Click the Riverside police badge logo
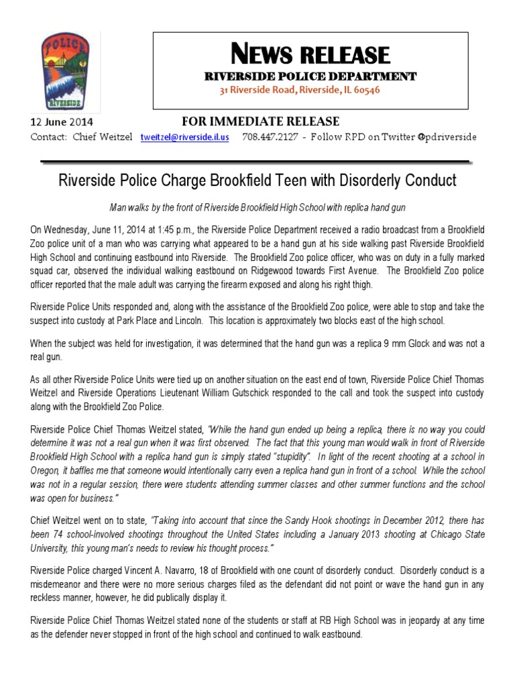coord(64,72)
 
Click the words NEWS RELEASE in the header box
coord(310,54)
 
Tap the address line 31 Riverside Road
coord(310,90)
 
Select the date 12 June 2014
coord(62,123)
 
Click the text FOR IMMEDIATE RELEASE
coord(261,121)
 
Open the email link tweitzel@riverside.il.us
coord(184,137)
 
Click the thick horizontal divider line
coord(255,161)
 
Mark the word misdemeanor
coord(58,582)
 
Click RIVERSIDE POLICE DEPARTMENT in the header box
coord(310,76)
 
